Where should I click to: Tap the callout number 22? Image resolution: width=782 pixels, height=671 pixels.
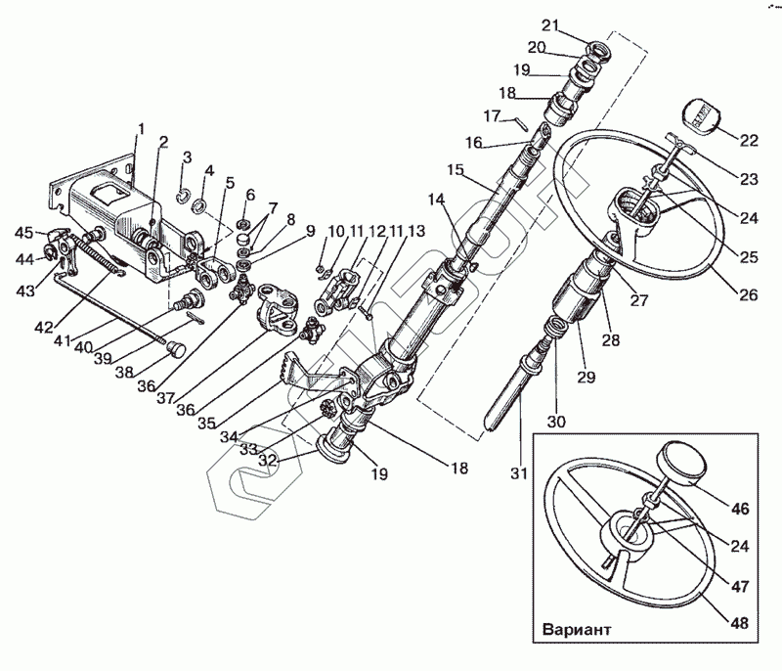749,141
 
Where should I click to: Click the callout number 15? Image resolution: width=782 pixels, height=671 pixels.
455,169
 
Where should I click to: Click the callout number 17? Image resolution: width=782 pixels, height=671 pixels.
492,115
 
